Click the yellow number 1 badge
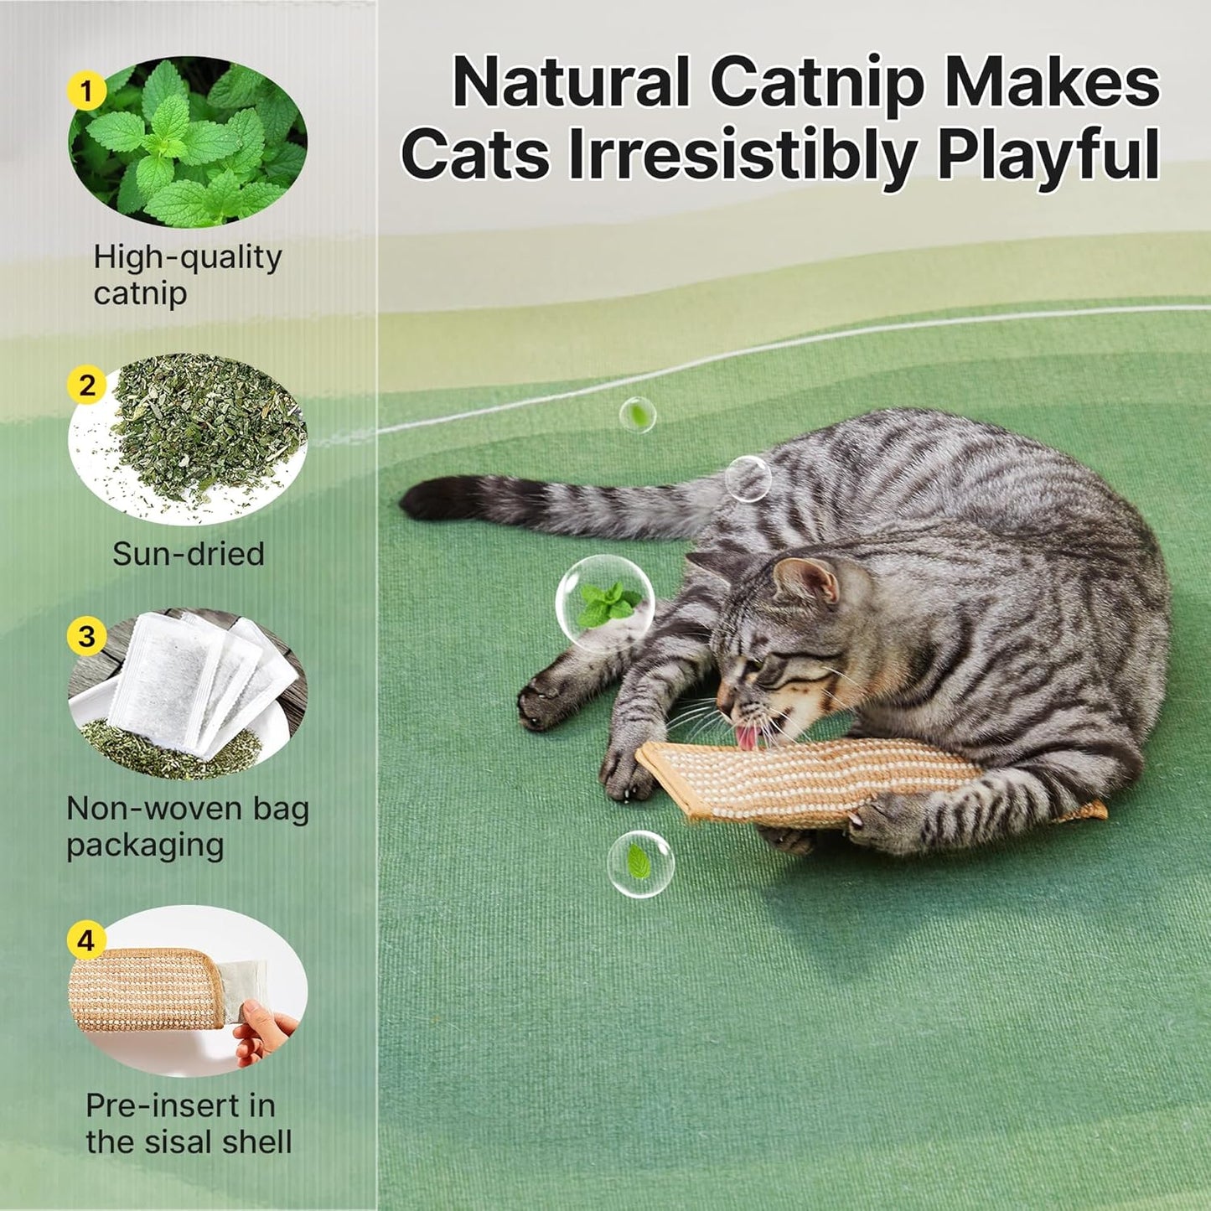(86, 91)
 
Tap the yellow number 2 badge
(86, 386)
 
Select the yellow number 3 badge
(86, 637)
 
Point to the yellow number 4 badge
(86, 940)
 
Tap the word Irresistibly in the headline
(743, 155)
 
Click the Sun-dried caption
(189, 554)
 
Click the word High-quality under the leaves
(188, 257)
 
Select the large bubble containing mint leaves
(604, 603)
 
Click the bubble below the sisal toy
(640, 864)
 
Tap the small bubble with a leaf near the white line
(638, 415)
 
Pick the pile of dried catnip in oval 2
(205, 427)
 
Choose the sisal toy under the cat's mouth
(805, 779)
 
